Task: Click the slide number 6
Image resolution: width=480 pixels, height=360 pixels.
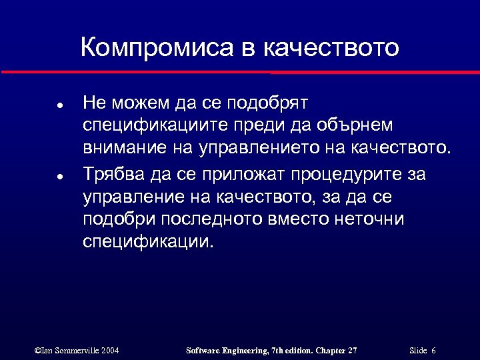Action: click(x=434, y=350)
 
